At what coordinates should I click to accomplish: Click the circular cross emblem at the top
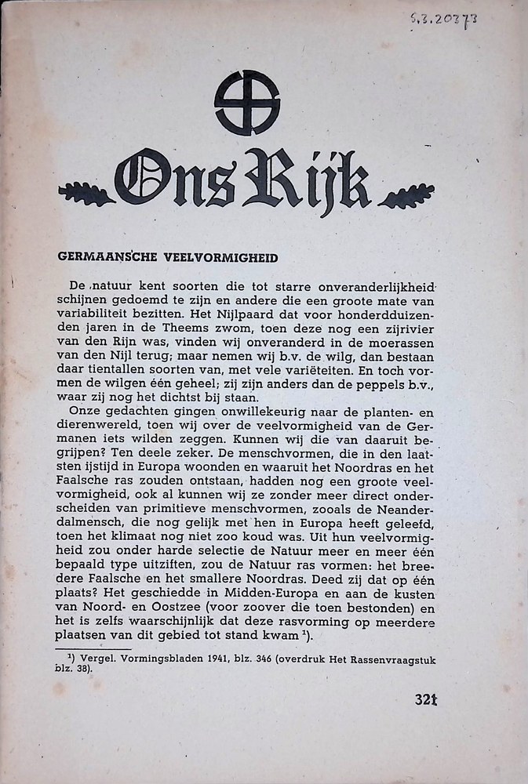pos(247,103)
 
